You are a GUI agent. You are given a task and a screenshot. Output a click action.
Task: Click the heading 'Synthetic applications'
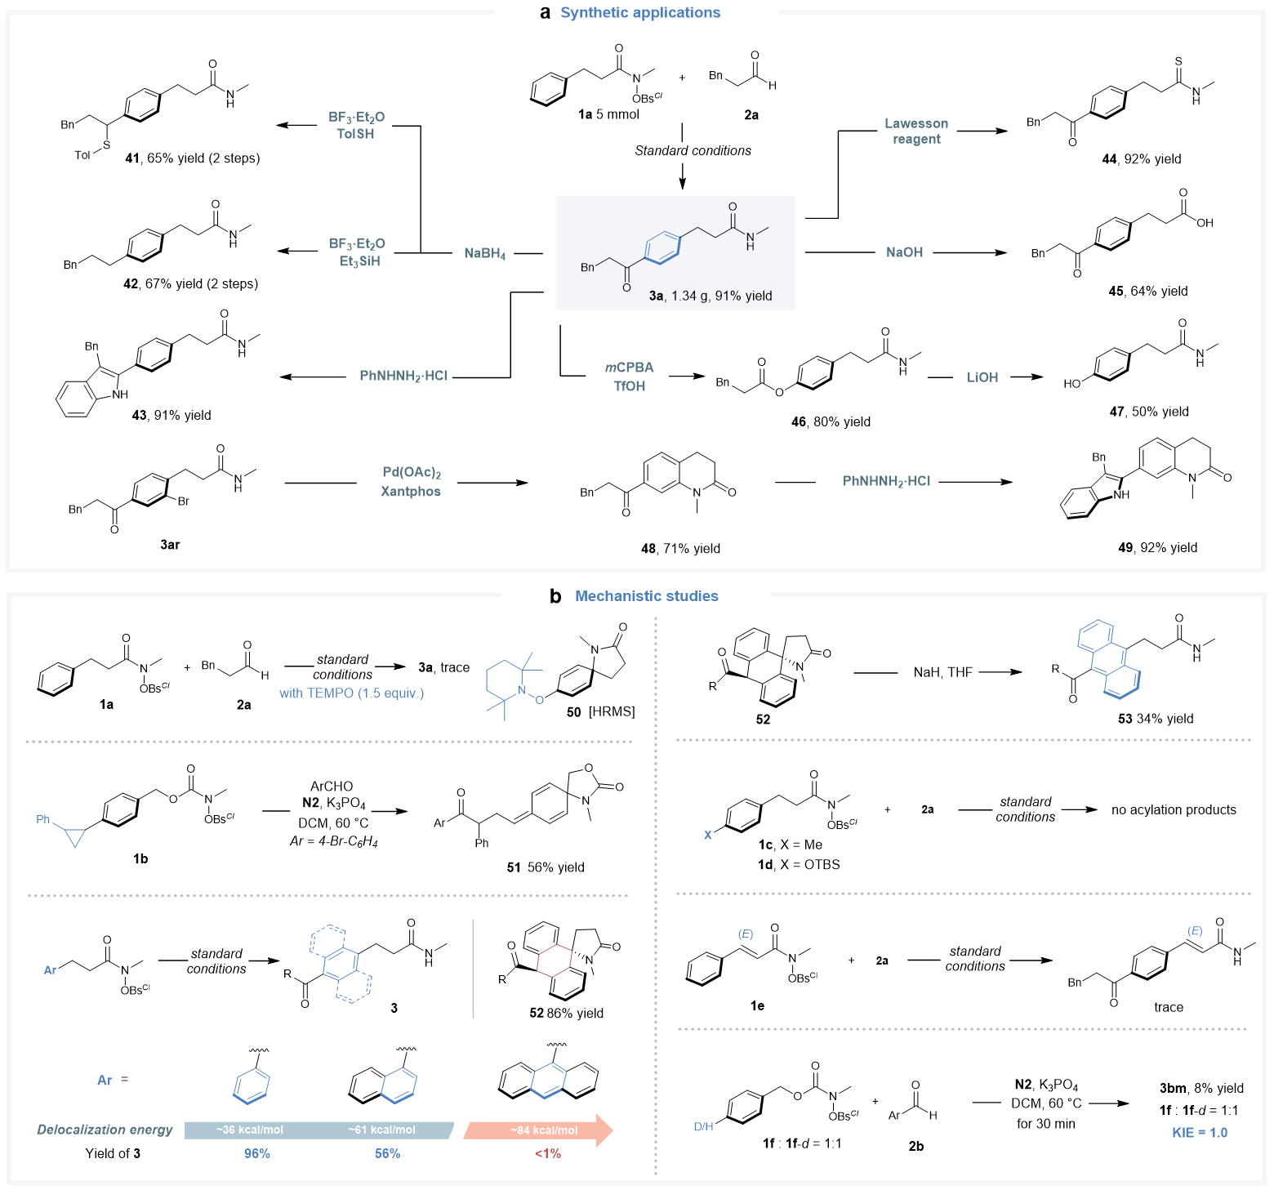[x=640, y=12]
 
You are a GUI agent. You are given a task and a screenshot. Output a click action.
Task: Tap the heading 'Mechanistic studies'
[x=646, y=596]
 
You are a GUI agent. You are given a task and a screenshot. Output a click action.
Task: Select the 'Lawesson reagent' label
[x=916, y=131]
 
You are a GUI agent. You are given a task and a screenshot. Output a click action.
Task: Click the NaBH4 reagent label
[x=484, y=254]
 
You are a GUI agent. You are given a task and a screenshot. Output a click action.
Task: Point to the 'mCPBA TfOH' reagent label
[x=629, y=377]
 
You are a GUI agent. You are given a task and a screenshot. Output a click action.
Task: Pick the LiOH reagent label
[x=982, y=377]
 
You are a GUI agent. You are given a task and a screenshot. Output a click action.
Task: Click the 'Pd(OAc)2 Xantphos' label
[x=411, y=482]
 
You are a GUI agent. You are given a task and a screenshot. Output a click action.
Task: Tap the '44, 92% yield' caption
[x=1141, y=159]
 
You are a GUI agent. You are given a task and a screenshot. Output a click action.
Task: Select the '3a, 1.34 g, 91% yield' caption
[x=710, y=296]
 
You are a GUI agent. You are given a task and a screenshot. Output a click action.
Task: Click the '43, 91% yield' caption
[x=171, y=415]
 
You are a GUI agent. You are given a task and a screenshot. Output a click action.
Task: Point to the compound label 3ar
[x=170, y=544]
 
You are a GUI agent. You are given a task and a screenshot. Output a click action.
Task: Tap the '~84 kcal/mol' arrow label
[x=544, y=1130]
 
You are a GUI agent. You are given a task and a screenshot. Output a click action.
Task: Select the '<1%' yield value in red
[x=547, y=1153]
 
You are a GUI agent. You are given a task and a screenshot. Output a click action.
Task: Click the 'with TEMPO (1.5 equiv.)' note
[x=351, y=693]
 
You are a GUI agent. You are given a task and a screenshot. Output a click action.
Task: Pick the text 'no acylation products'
[x=1173, y=809]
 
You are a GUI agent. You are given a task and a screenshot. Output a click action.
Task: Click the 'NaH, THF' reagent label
[x=942, y=672]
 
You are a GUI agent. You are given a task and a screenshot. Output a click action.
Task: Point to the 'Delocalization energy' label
[x=105, y=1130]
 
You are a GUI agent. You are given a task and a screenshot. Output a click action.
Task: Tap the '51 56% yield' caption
[x=545, y=867]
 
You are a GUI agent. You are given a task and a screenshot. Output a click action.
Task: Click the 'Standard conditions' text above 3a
[x=693, y=150]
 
